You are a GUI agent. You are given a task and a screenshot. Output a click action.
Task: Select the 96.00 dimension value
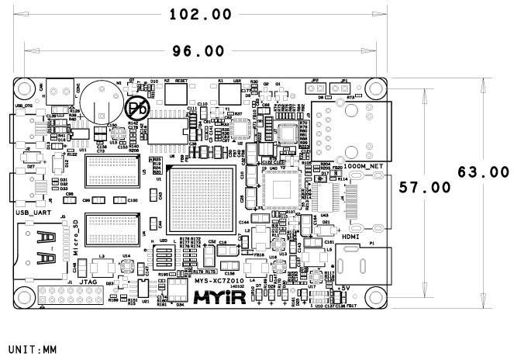pyautogui.click(x=198, y=50)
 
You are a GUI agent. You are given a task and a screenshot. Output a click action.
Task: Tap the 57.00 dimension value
pyautogui.click(x=425, y=187)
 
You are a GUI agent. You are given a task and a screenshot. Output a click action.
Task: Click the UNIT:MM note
pyautogui.click(x=30, y=349)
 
